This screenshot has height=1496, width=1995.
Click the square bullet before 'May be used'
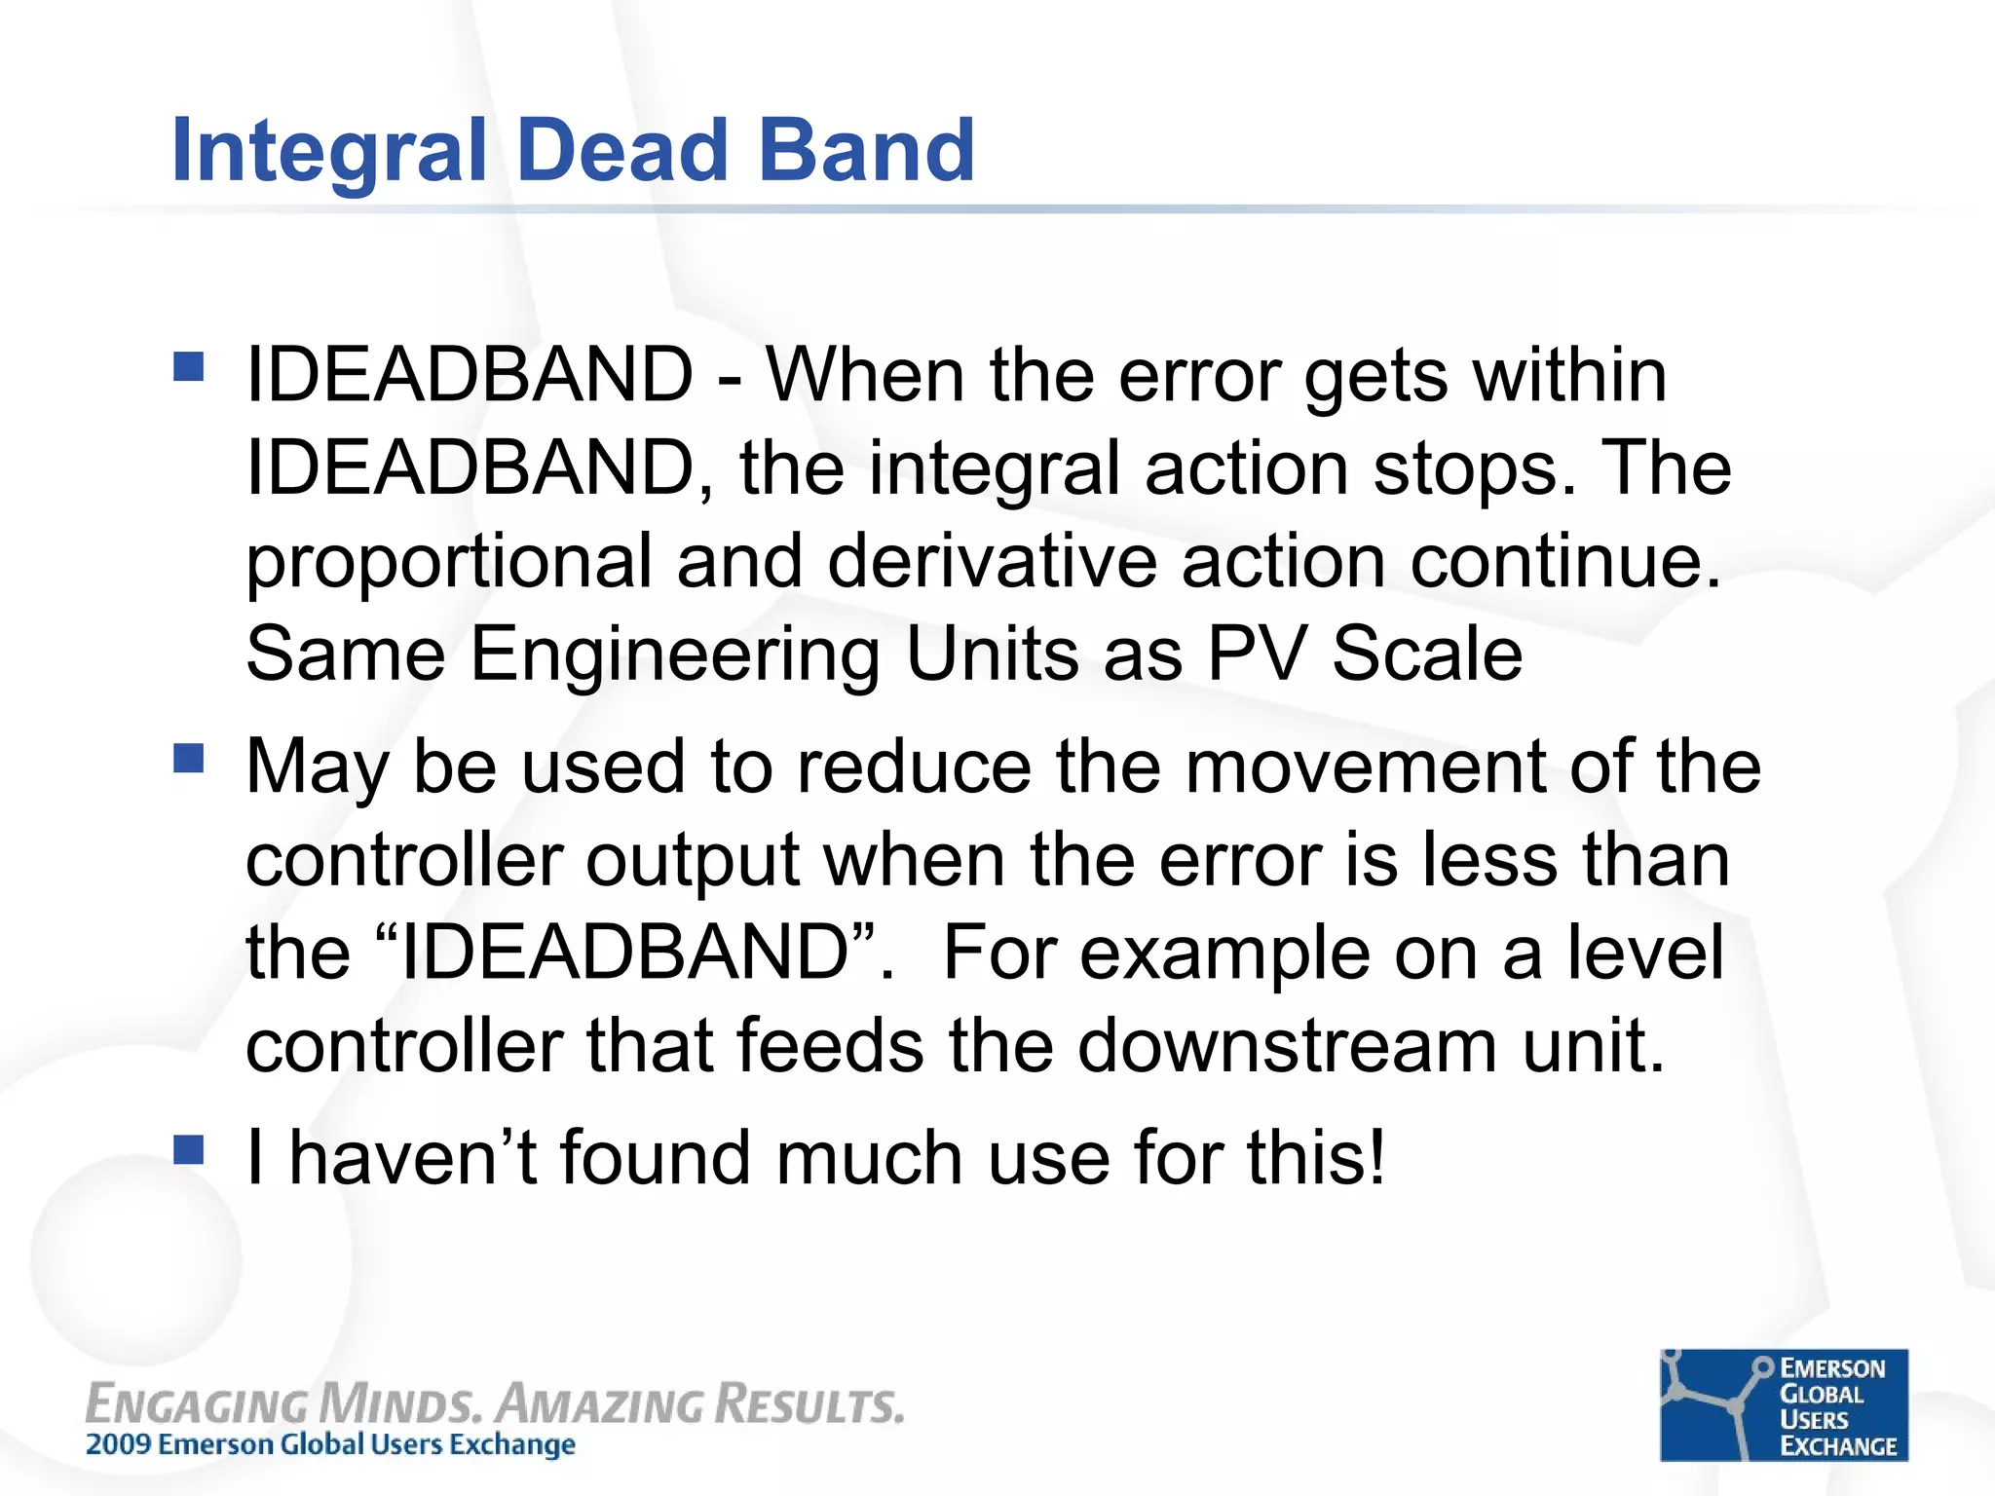click(x=189, y=758)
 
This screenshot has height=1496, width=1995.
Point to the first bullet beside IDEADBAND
click(x=189, y=366)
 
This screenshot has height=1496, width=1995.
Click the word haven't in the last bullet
click(x=413, y=1157)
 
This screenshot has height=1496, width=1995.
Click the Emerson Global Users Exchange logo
click(x=1784, y=1404)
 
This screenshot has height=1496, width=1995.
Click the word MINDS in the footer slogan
click(x=399, y=1405)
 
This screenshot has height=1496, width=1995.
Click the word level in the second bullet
click(x=1645, y=953)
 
